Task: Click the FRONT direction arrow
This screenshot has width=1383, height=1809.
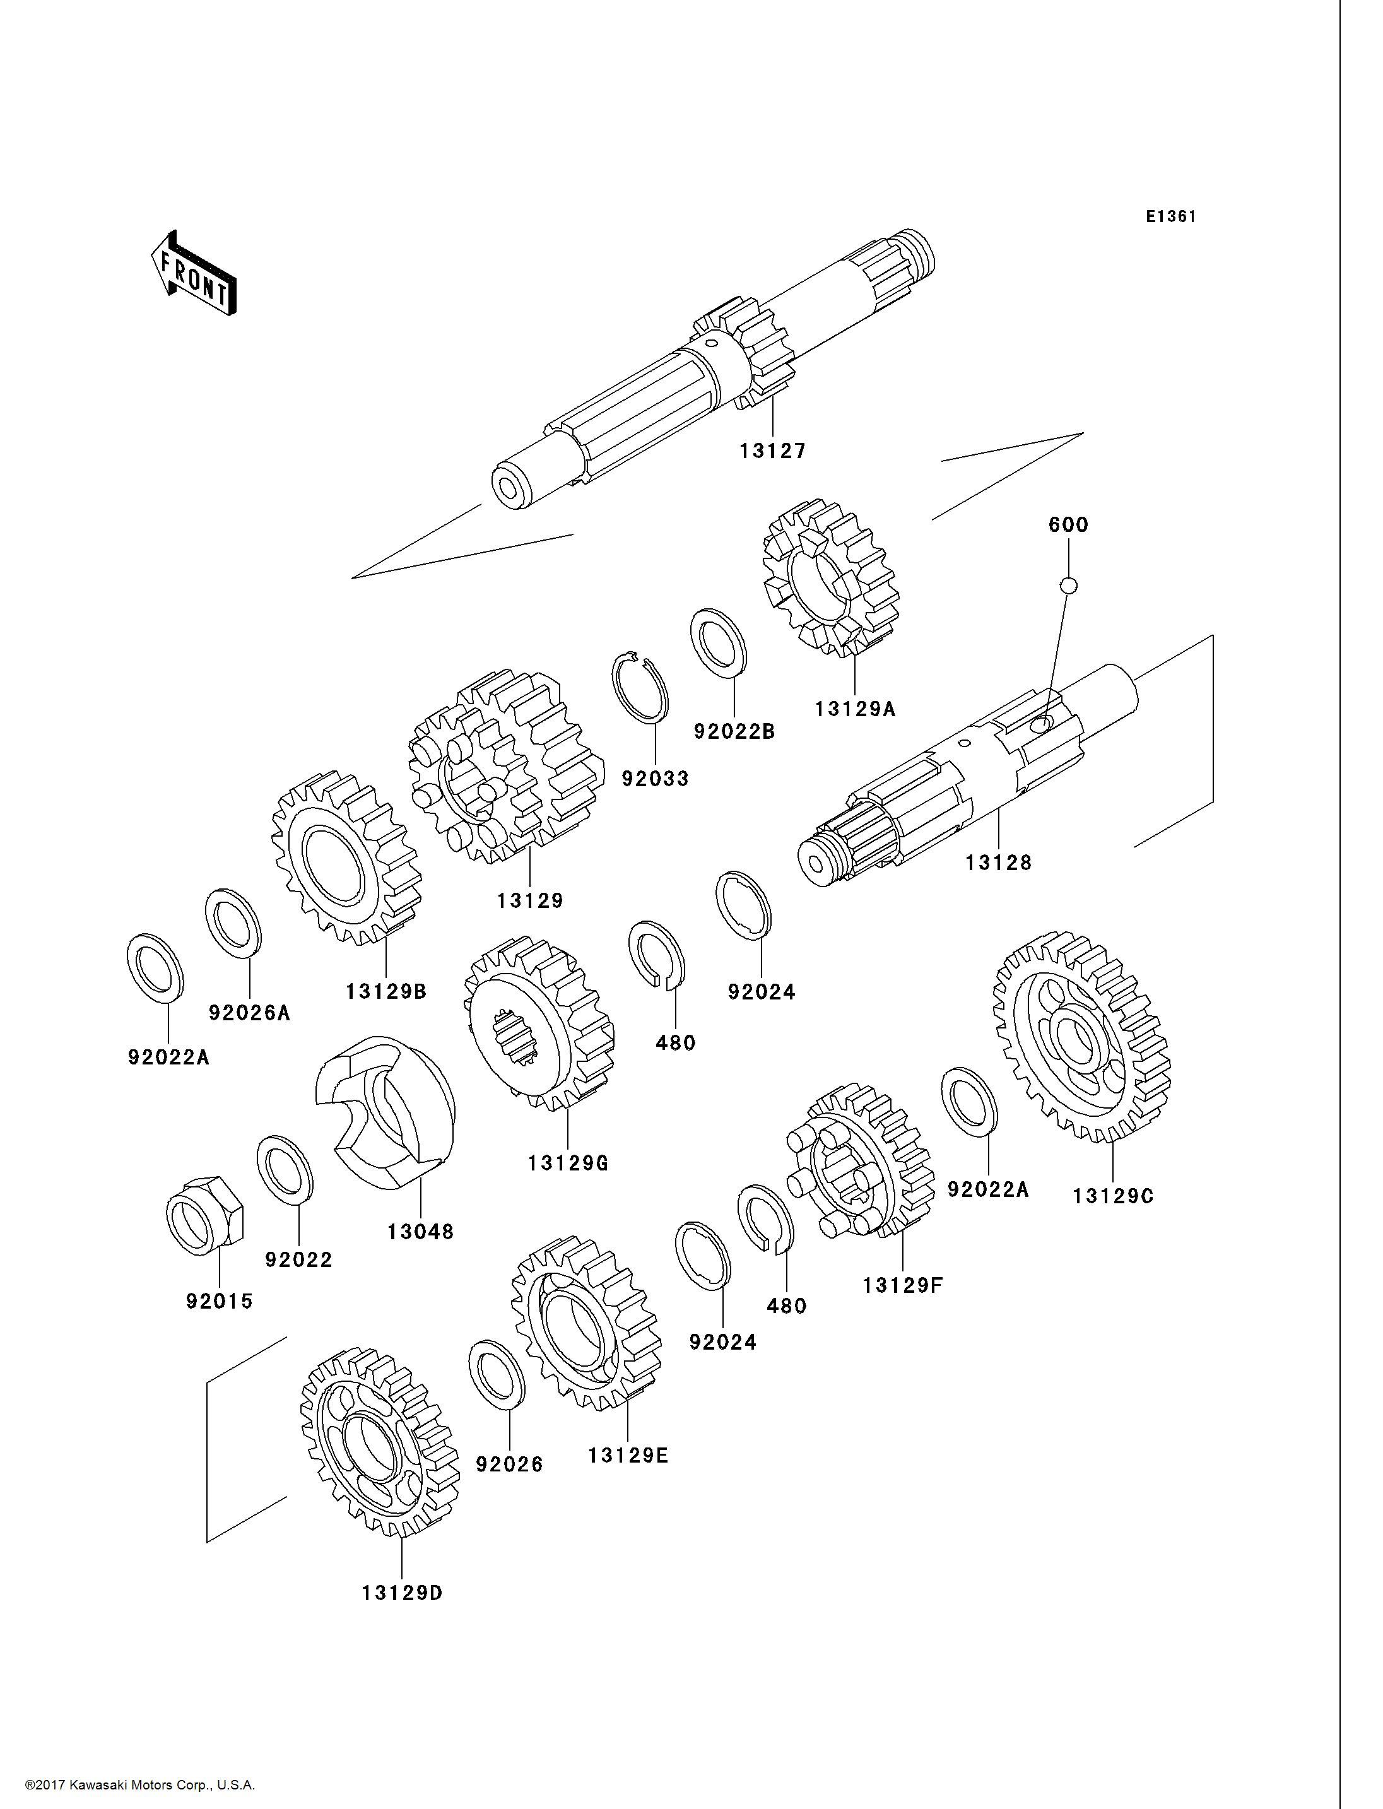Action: coord(194,274)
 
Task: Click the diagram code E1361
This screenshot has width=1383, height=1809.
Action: coord(1170,216)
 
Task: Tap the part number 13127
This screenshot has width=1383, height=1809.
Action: coord(772,451)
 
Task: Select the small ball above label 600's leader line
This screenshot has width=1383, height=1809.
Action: coord(1069,586)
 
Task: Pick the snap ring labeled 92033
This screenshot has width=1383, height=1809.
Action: coord(640,686)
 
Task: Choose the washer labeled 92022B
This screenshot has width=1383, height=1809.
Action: coord(718,642)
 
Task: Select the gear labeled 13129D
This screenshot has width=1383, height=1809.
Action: coord(379,1442)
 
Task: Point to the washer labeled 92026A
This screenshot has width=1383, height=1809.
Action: coord(233,922)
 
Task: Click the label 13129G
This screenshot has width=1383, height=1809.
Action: coord(568,1163)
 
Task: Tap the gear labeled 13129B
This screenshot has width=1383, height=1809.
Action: coord(346,857)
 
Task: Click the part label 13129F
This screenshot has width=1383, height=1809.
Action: coord(902,1285)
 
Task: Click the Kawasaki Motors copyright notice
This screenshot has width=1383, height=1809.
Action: coord(140,1785)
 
